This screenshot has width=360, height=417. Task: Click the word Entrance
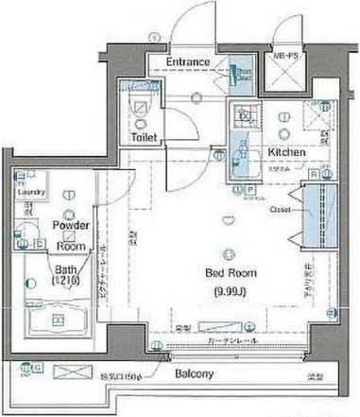click(189, 62)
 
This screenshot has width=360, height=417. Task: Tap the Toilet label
click(146, 138)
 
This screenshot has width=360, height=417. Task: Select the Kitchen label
click(286, 151)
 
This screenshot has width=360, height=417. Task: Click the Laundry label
click(31, 197)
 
